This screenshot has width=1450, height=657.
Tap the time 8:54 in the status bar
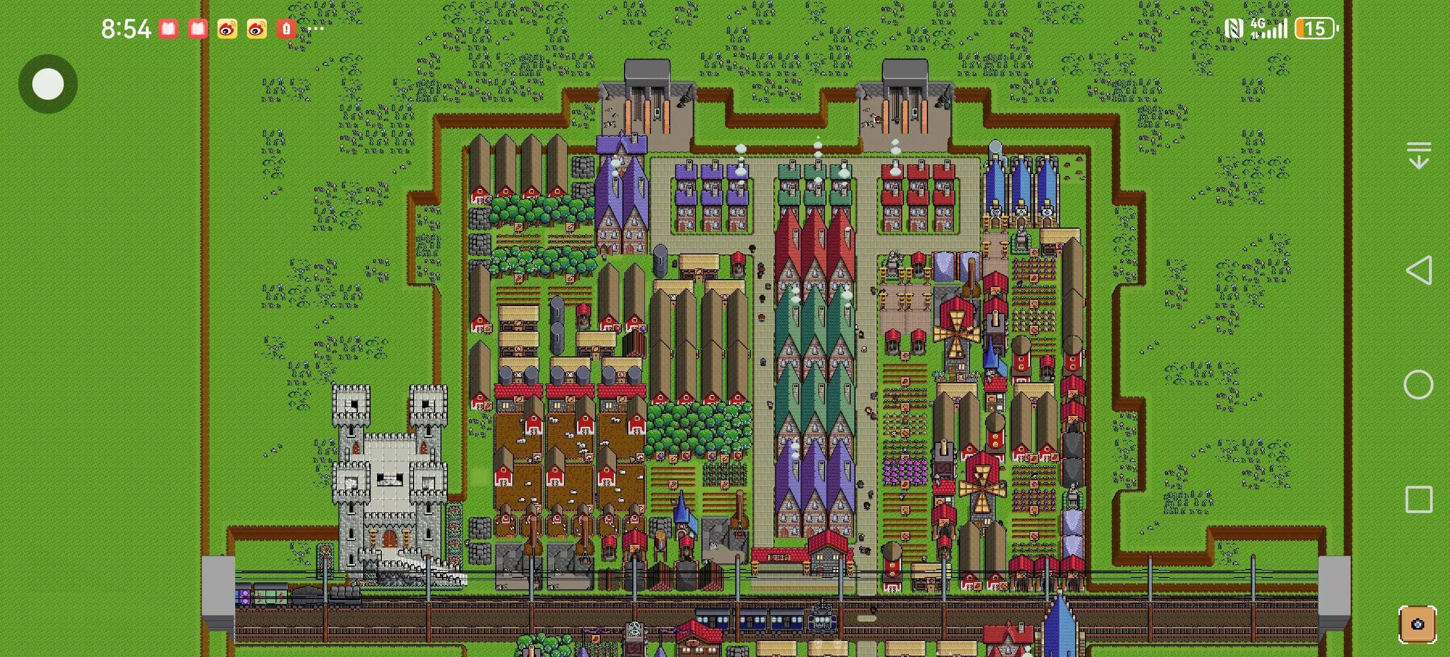coord(126,28)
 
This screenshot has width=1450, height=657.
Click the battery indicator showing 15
coord(1315,28)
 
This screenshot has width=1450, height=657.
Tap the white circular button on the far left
coord(48,84)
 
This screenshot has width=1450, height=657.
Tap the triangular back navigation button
coord(1418,271)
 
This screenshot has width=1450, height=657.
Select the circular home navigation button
coord(1418,385)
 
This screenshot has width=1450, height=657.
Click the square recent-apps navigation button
coord(1418,500)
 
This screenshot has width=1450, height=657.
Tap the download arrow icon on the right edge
coord(1419,155)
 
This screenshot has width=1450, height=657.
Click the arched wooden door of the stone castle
coord(389,538)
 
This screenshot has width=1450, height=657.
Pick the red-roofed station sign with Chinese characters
coord(780,556)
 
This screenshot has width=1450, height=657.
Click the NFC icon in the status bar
coord(1233,28)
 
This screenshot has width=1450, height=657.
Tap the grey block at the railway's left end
coord(219,590)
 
